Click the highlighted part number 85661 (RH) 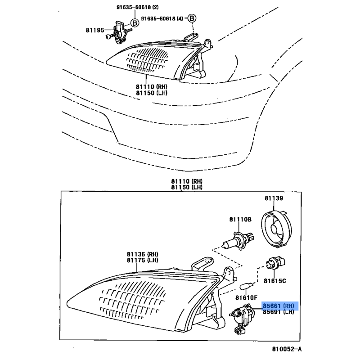tap(278, 306)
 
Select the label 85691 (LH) tap(278, 312)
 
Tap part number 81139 tap(274, 198)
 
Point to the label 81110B tap(240, 220)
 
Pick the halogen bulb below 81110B tap(238, 241)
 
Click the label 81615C tap(274, 281)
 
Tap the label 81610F tap(246, 298)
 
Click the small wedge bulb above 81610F tap(246, 286)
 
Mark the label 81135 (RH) tap(143, 254)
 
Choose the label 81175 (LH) tap(143, 261)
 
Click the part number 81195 tap(95, 30)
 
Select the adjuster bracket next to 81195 tap(119, 32)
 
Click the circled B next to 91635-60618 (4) tap(192, 18)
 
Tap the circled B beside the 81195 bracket tap(135, 22)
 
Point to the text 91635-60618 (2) tap(138, 7)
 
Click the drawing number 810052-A tap(287, 349)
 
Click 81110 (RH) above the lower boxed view tap(187, 181)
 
